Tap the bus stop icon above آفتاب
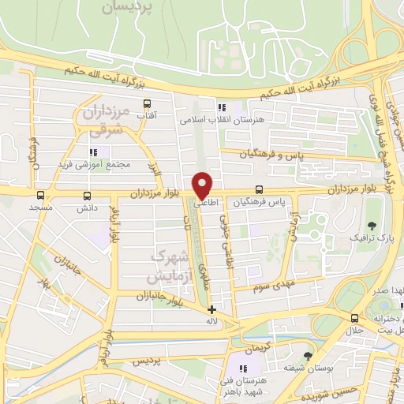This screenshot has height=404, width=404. tap(147, 103)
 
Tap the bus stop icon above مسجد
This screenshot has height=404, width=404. tap(40, 195)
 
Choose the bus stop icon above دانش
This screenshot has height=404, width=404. tap(86, 195)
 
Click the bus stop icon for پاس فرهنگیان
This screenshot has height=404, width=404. tap(260, 189)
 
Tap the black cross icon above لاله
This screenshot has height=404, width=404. tap(211, 310)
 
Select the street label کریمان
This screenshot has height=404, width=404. tap(256, 348)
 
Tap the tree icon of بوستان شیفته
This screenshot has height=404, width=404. tap(307, 357)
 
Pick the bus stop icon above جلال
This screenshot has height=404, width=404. tap(354, 318)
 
